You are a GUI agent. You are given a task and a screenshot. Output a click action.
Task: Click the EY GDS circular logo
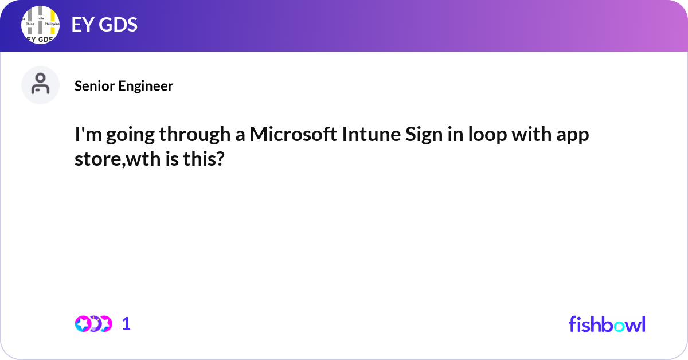click(x=40, y=26)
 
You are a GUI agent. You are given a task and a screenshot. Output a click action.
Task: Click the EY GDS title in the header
click(x=104, y=25)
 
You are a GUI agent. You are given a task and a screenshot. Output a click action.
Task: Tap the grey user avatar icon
click(x=40, y=85)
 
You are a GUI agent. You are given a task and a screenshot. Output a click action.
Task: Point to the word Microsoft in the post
click(x=292, y=136)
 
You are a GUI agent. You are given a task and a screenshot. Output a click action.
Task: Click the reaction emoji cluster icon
click(x=93, y=324)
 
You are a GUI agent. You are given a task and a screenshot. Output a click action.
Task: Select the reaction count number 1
click(x=126, y=324)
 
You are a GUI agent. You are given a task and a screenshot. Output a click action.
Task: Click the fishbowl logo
click(x=607, y=324)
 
